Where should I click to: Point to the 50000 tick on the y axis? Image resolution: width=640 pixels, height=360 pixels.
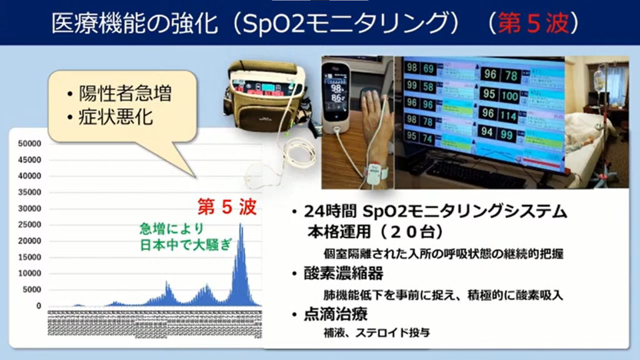[x=30, y=144]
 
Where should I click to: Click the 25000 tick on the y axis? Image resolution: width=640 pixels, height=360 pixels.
[x=30, y=225]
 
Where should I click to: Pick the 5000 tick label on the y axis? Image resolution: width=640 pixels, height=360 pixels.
[x=32, y=290]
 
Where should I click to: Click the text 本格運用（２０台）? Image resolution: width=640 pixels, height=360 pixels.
[x=374, y=232]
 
